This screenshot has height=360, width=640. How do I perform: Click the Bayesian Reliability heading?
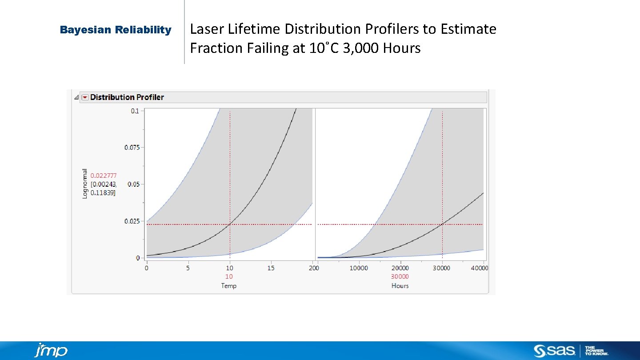(x=116, y=30)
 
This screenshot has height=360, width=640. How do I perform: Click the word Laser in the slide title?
(x=208, y=29)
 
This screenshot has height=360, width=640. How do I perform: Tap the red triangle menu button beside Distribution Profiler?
(x=85, y=97)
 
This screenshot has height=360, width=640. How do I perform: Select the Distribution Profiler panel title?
(x=127, y=97)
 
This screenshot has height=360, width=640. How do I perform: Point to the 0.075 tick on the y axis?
(x=132, y=148)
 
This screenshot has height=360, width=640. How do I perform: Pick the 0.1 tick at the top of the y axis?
(x=134, y=111)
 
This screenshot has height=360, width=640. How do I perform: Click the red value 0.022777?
(x=104, y=176)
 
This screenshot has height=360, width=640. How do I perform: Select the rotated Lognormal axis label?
(x=85, y=183)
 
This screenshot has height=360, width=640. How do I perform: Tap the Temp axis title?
(x=229, y=286)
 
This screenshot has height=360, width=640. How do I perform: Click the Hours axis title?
(x=400, y=286)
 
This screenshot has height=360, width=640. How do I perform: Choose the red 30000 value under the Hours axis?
(x=400, y=276)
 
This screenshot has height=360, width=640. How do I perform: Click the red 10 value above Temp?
(x=229, y=276)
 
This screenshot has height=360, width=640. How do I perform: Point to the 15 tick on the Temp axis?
(x=271, y=268)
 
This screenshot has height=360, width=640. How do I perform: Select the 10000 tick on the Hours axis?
(x=359, y=268)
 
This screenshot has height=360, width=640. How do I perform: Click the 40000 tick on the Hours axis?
(x=480, y=268)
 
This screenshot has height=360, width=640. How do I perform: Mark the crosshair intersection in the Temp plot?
(x=230, y=224)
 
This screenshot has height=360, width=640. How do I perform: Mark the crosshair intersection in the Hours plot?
(x=442, y=224)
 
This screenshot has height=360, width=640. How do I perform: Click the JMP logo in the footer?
(x=51, y=350)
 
